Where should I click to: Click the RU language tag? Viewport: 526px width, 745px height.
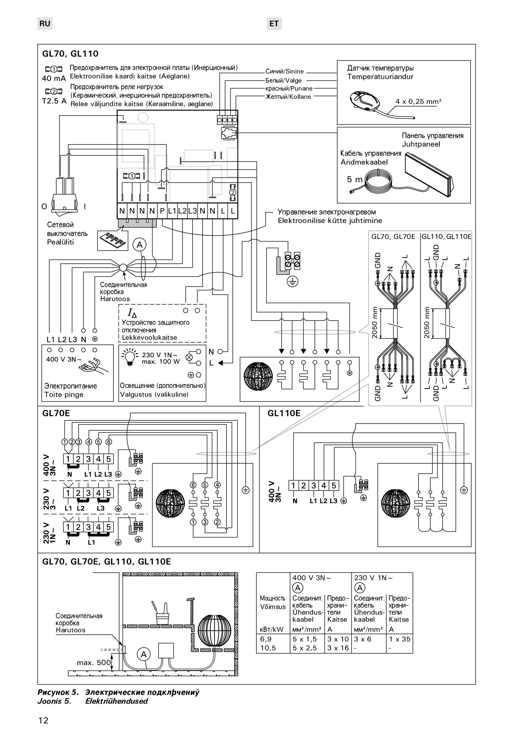45,24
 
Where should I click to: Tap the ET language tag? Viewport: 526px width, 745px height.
274,24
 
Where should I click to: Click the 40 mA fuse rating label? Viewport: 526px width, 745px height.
54,78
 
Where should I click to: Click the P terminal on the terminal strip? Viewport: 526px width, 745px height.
162,211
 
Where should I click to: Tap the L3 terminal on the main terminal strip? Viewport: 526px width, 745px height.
192,211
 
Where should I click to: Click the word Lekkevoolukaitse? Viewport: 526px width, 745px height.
149,337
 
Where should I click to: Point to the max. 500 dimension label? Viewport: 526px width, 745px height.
94,663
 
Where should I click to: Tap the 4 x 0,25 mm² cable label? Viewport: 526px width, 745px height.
419,101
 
